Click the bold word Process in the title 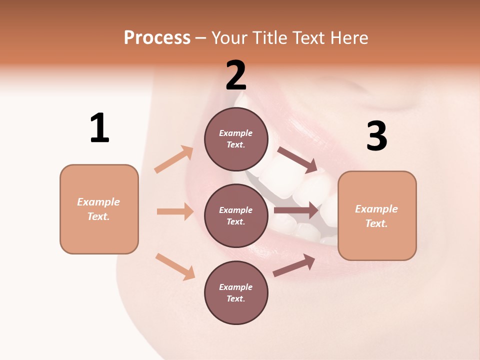[x=157, y=38]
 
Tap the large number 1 [x=99, y=128]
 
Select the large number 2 [x=236, y=75]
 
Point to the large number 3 [x=376, y=136]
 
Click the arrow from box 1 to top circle [x=174, y=159]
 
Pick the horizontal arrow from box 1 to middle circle [x=175, y=211]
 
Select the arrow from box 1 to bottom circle [x=175, y=266]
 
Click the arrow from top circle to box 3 [x=297, y=160]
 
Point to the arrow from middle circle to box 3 [x=296, y=210]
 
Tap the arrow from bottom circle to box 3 [x=294, y=265]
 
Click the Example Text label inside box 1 [x=98, y=209]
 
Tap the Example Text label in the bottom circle [x=236, y=292]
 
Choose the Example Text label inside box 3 [x=376, y=216]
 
